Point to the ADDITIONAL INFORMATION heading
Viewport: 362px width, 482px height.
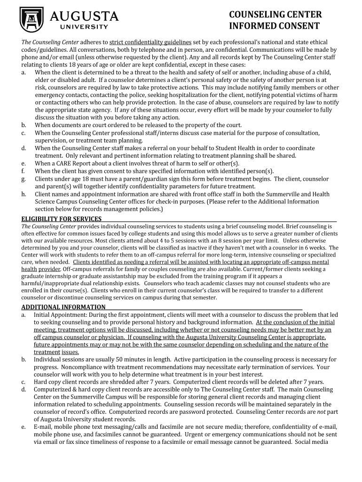63,307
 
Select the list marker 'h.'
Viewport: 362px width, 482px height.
24,194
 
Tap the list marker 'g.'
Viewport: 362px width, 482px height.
24,179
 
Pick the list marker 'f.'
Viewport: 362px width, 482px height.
24,171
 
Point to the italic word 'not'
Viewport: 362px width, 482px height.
315,412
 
